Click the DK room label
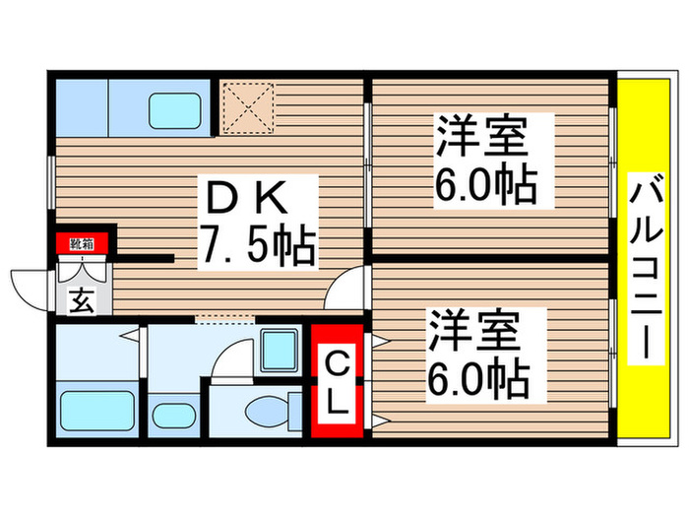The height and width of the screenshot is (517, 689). click(x=246, y=201)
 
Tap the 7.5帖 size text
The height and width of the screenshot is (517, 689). click(x=258, y=246)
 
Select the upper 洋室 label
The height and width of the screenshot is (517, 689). click(x=481, y=137)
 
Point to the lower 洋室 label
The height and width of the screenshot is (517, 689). click(x=471, y=330)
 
